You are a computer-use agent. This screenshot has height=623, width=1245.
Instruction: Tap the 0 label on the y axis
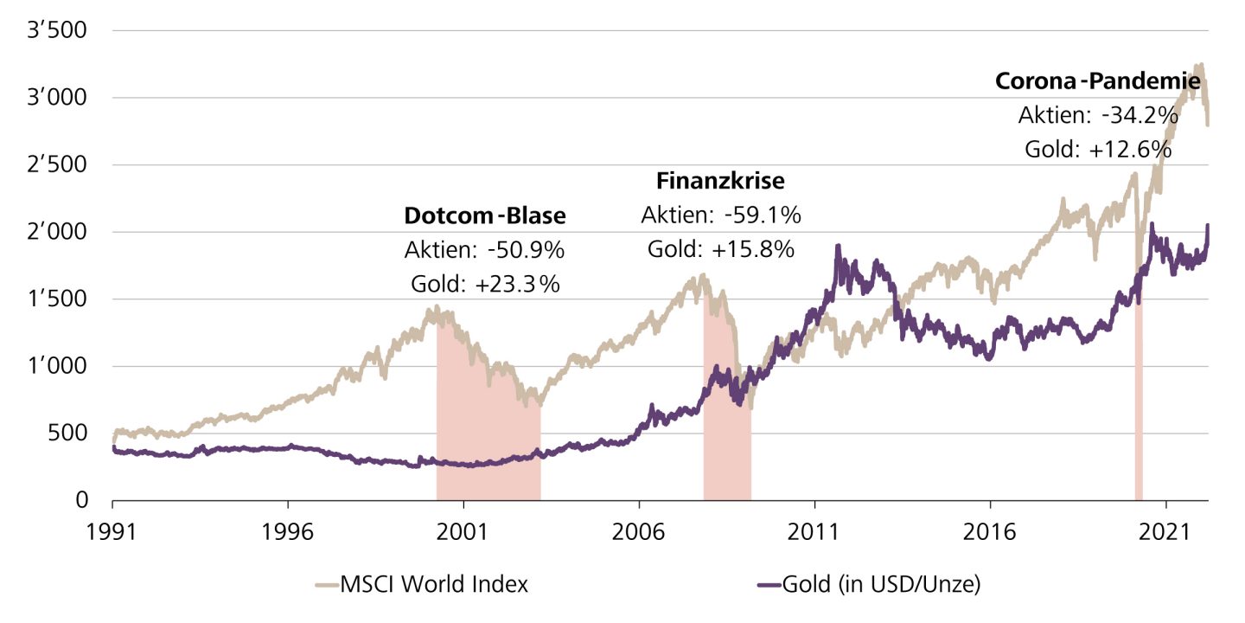point(80,500)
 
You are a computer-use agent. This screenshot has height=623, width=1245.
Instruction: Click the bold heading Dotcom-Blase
point(484,216)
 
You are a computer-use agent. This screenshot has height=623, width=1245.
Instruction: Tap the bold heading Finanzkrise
point(720,182)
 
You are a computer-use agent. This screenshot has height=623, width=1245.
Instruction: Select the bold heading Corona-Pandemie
point(1098,81)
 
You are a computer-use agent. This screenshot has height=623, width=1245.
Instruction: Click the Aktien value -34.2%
point(1134,115)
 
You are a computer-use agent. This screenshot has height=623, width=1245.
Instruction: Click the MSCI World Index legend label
point(434,584)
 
